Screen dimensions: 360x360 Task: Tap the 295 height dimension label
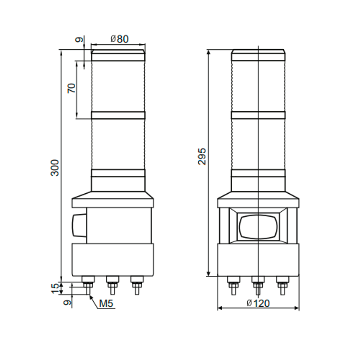[202, 156]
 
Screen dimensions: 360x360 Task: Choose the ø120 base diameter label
[258, 303]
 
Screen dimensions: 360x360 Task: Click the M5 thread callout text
[106, 304]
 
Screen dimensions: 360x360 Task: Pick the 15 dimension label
[55, 288]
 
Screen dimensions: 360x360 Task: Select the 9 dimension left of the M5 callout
[66, 303]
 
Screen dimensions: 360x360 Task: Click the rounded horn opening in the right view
[258, 227]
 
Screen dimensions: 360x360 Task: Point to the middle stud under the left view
[112, 284]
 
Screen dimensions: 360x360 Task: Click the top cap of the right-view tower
[258, 55]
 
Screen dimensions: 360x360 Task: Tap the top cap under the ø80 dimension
[118, 55]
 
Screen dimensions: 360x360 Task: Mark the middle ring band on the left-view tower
[118, 115]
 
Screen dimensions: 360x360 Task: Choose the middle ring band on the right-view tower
[258, 115]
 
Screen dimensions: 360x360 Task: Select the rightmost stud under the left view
[136, 284]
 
